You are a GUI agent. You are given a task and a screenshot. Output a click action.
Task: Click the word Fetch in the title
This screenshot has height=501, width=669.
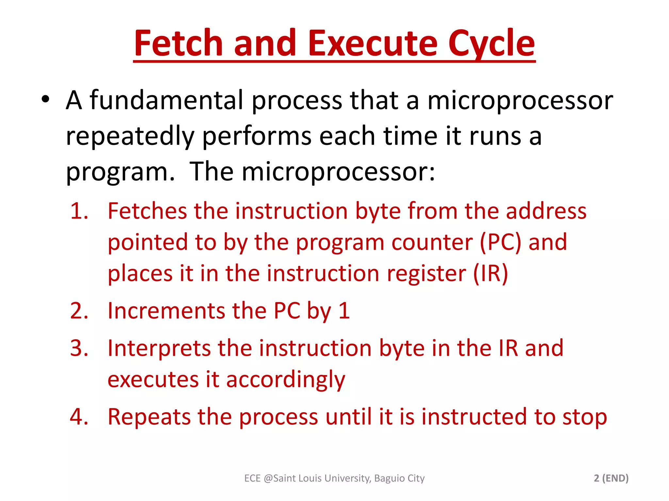tap(178, 43)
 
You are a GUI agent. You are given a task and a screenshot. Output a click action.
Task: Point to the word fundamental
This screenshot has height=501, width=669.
tap(167, 100)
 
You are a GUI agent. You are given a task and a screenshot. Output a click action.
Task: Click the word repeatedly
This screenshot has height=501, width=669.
tap(130, 136)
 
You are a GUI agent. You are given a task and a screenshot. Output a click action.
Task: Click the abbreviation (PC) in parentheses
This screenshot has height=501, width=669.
tap(500, 242)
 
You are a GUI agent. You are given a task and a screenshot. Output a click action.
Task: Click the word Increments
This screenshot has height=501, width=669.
tap(166, 311)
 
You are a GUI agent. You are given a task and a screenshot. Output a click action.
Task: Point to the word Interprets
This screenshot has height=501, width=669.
tap(159, 348)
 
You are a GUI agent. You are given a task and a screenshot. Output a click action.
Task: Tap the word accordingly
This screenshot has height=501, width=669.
tap(286, 380)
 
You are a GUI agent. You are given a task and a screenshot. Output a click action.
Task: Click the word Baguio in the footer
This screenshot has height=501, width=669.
tap(389, 478)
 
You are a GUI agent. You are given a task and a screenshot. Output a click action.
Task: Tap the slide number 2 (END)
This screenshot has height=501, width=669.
tap(611, 478)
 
